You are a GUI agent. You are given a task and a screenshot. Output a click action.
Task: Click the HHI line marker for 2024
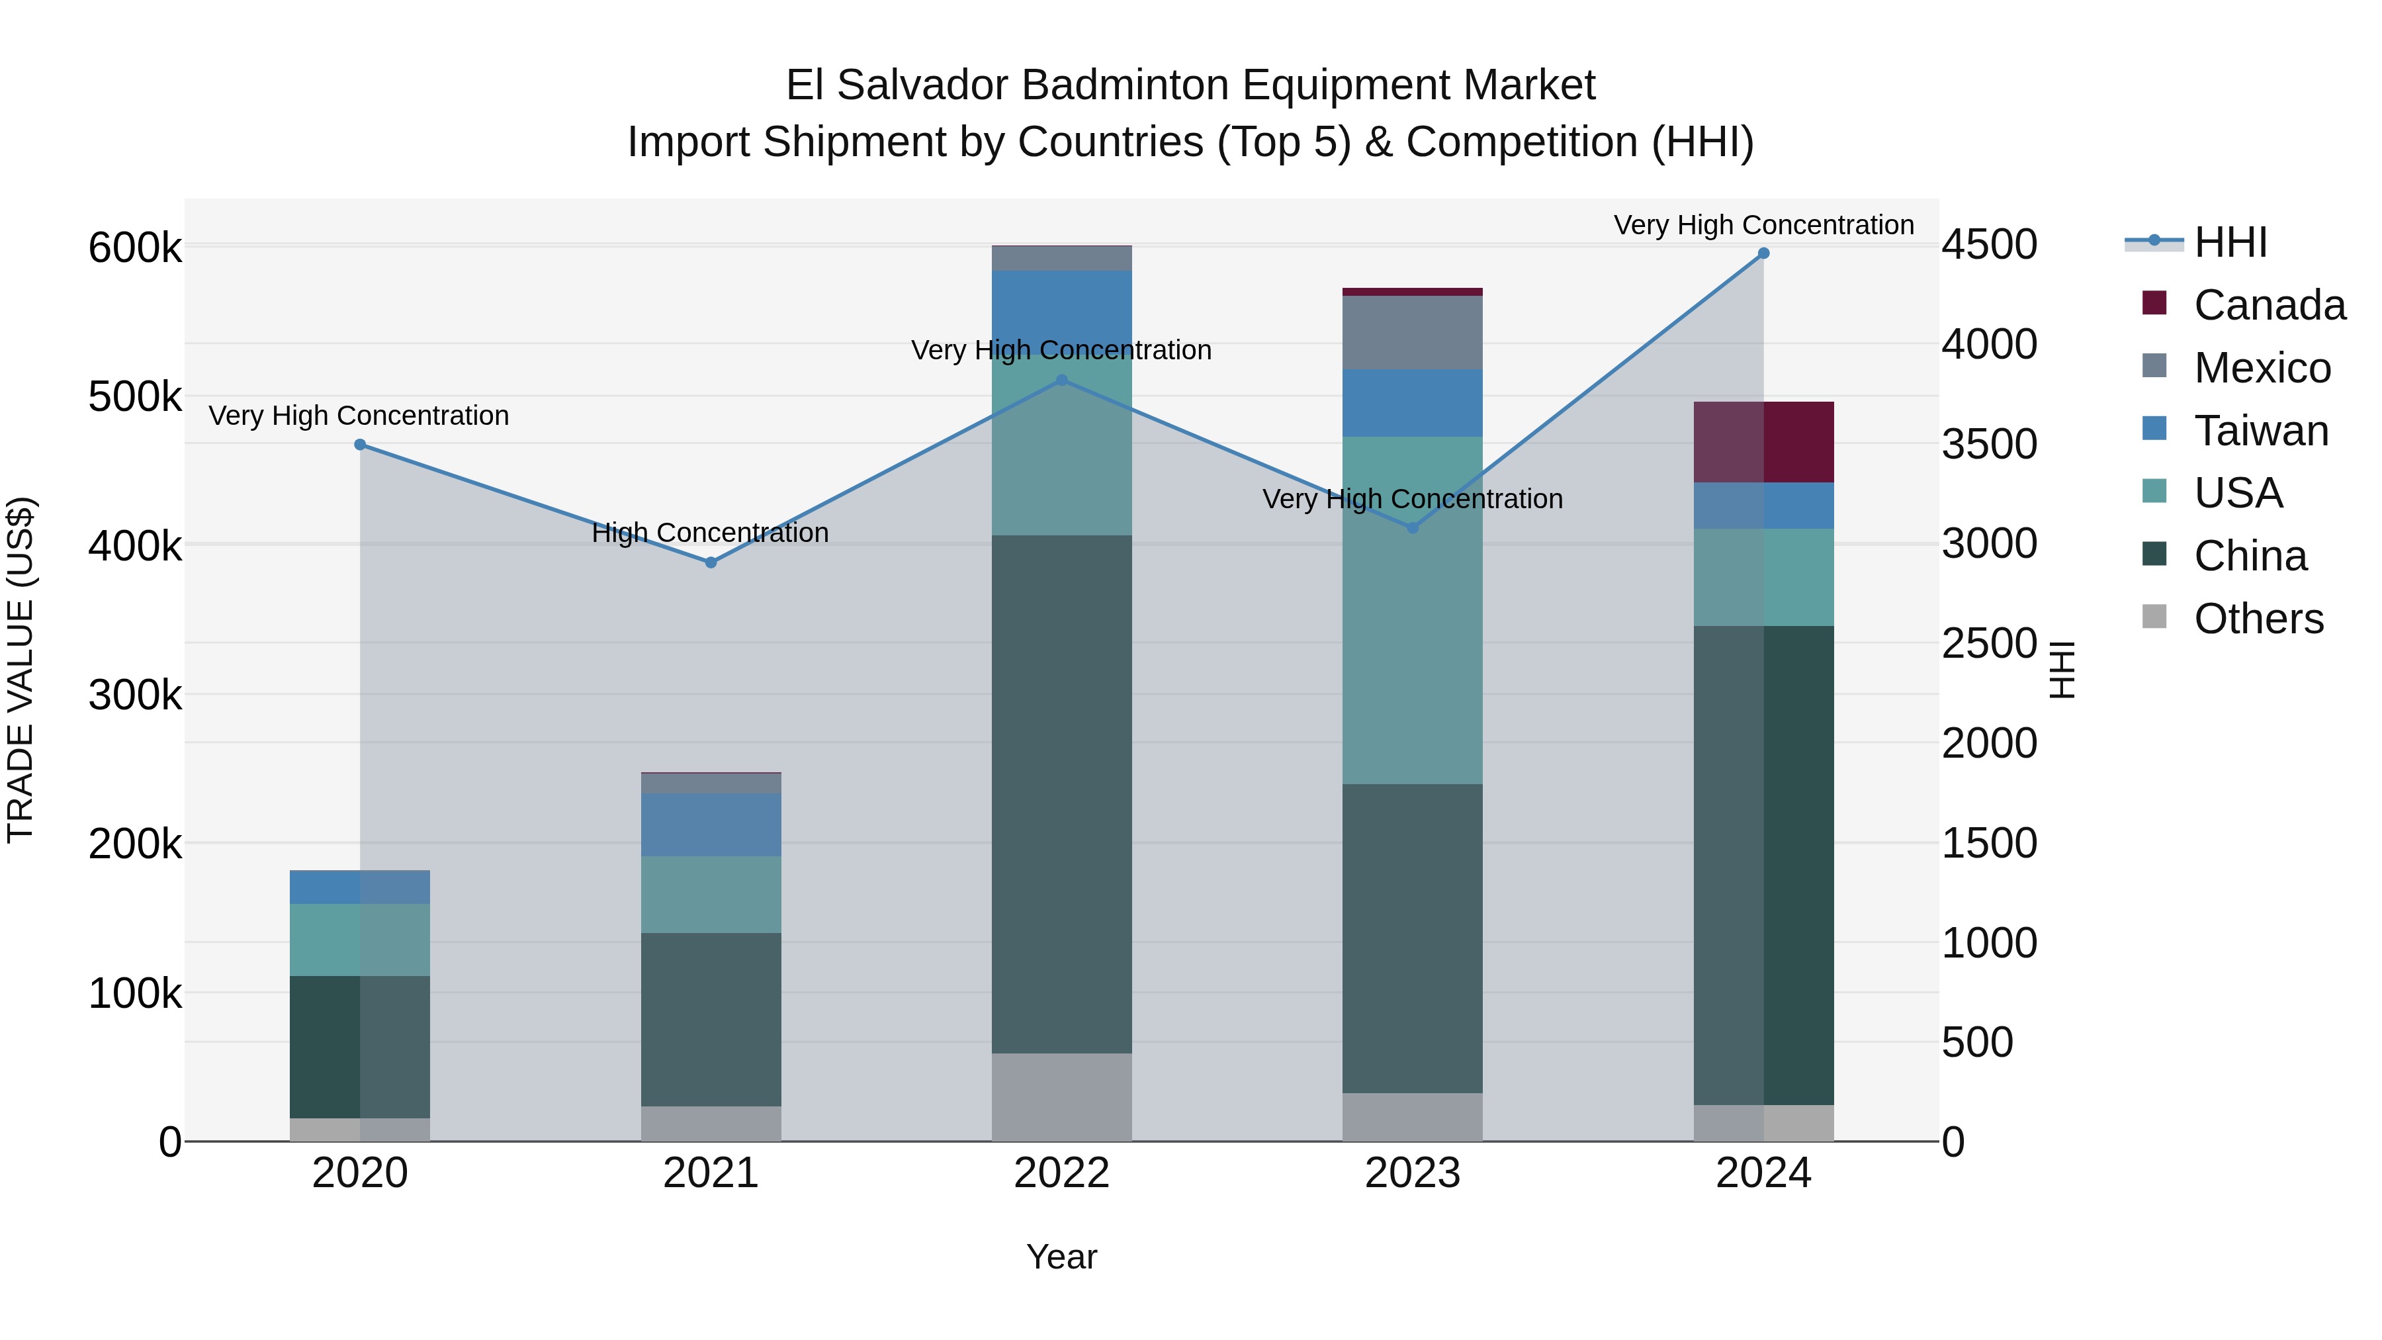click(1763, 253)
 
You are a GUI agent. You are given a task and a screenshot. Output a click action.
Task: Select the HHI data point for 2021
click(711, 562)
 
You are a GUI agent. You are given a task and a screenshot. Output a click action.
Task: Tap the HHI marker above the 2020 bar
click(361, 445)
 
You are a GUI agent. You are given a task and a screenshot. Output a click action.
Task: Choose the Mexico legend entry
click(2261, 368)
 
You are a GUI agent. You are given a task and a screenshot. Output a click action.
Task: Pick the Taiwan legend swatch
click(2154, 429)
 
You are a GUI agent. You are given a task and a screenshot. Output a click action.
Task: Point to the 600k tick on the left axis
click(135, 248)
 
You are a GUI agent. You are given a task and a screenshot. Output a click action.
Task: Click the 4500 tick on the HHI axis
click(1989, 245)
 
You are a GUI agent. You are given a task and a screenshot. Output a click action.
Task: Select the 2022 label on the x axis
click(1061, 1173)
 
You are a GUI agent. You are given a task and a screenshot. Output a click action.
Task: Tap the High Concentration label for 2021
click(710, 533)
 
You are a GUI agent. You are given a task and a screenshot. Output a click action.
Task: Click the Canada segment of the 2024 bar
click(1763, 442)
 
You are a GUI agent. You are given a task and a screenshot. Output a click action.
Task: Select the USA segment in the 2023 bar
click(1412, 610)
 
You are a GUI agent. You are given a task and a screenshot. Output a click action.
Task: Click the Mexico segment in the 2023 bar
click(1412, 333)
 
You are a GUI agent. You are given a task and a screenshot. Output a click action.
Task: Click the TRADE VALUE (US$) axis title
click(21, 670)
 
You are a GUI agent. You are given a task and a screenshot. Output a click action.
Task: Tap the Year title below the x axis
click(1061, 1257)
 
